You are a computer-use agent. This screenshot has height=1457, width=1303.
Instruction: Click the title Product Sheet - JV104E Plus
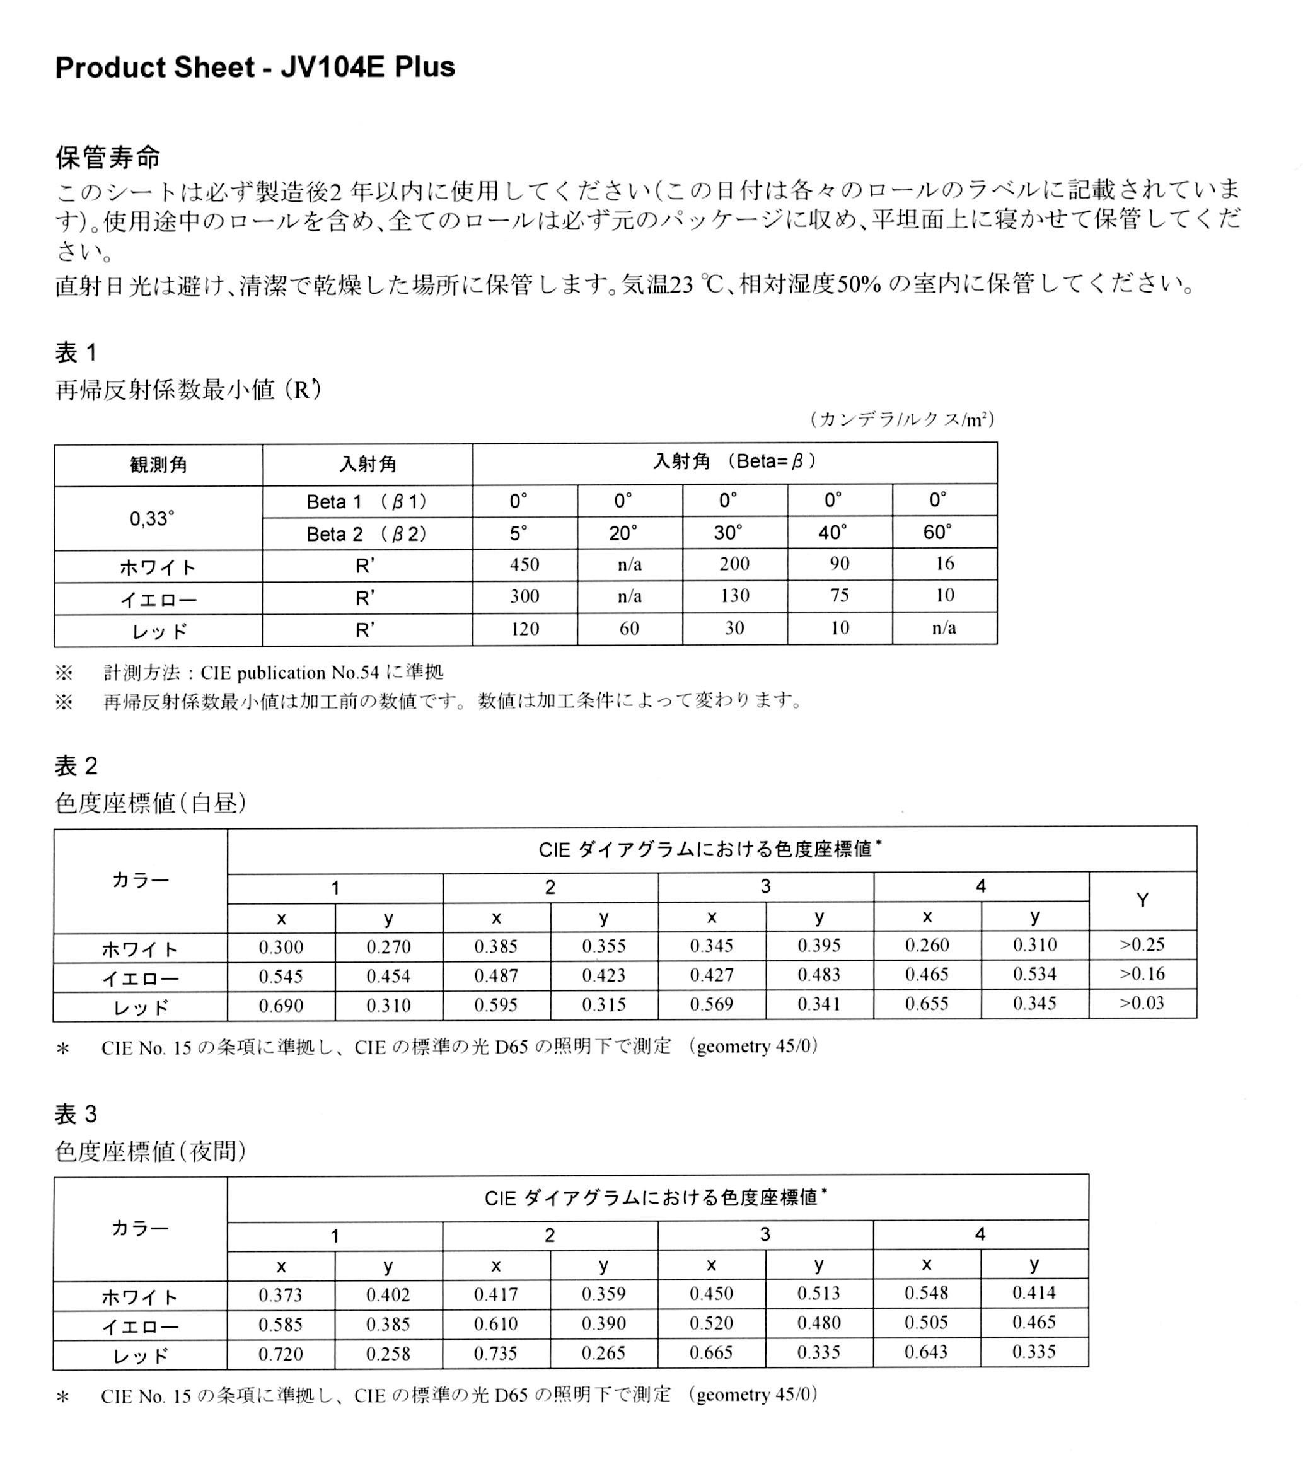coord(255,67)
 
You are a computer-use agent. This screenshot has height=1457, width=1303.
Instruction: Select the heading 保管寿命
coord(108,158)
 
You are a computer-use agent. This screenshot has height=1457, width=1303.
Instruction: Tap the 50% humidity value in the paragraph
coord(859,284)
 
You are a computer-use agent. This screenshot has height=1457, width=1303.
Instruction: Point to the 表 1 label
coord(76,352)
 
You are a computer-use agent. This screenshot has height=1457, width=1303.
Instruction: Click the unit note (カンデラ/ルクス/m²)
coord(902,419)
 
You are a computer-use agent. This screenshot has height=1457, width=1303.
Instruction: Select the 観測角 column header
coord(158,465)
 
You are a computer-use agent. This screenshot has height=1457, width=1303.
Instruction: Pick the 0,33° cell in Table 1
coord(152,518)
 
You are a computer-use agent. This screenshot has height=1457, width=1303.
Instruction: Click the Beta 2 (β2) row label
coord(366,534)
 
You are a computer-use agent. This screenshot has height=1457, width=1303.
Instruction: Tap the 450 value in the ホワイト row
coord(524,564)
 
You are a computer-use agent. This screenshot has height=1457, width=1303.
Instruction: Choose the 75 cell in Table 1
coord(839,596)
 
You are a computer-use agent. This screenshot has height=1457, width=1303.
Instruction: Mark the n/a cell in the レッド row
coord(944,628)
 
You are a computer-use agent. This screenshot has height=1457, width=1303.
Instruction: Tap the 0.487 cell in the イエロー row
coord(495,975)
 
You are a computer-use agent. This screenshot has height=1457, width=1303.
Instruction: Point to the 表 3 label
coord(76,1114)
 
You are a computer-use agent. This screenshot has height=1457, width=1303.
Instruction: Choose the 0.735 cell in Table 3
coord(495,1353)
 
